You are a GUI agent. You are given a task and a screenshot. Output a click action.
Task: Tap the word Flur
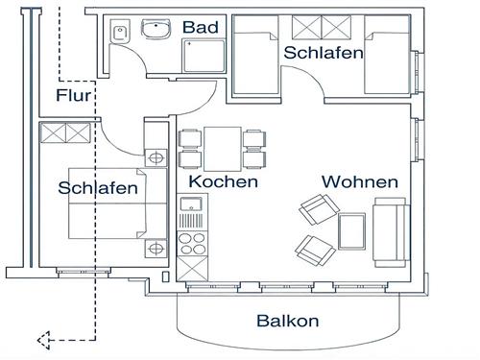(x=74, y=95)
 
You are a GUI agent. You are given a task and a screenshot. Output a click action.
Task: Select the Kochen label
(x=223, y=181)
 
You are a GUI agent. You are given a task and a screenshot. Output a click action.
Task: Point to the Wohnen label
(x=359, y=181)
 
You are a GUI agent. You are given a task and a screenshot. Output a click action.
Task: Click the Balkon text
(x=287, y=322)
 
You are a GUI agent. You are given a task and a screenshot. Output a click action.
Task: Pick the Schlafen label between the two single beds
(x=323, y=53)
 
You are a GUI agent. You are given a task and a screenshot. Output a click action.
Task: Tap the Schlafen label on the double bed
(x=97, y=188)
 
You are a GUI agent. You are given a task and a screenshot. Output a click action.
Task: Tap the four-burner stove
(x=192, y=237)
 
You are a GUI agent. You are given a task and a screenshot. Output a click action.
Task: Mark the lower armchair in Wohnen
(x=313, y=251)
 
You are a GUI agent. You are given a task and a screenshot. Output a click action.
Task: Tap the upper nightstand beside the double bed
(x=155, y=156)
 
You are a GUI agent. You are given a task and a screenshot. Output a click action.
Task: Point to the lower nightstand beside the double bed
(x=155, y=248)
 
